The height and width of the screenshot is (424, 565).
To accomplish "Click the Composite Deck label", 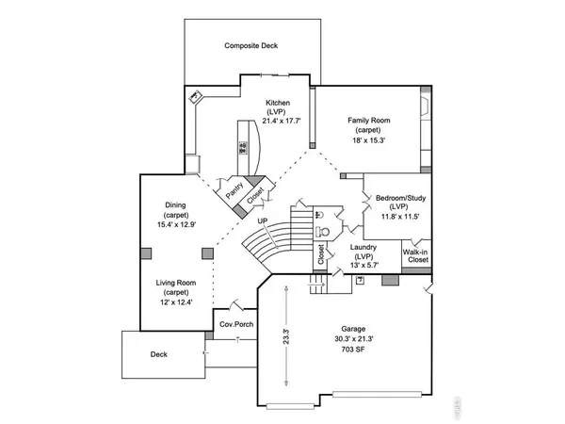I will (x=250, y=45).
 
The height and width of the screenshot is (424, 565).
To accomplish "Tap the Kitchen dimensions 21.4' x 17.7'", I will (x=277, y=121).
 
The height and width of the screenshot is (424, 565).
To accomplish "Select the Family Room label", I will (x=369, y=121).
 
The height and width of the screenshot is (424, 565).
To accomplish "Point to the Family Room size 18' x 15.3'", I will (x=369, y=139).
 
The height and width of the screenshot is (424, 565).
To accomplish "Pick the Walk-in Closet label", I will (x=417, y=257).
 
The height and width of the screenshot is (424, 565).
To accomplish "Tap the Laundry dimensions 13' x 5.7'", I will (x=363, y=265).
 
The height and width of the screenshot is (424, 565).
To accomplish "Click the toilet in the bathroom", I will (x=325, y=229).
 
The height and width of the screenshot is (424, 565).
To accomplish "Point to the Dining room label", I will (x=175, y=205).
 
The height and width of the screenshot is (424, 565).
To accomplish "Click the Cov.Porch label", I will (x=234, y=323).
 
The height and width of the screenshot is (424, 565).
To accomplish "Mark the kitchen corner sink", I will (x=197, y=96).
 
